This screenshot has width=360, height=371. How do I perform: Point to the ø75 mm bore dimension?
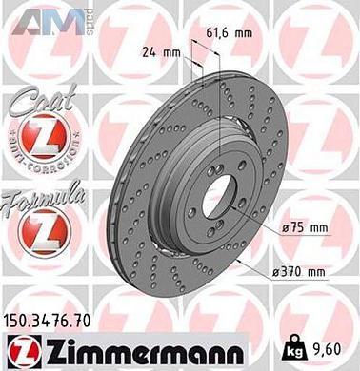click(305, 227)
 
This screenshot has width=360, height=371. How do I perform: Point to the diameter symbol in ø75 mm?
click(287, 228)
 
